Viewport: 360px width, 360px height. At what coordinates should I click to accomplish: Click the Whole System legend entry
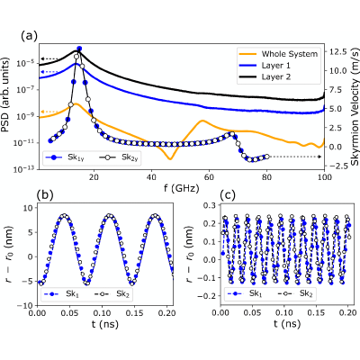coord(278,54)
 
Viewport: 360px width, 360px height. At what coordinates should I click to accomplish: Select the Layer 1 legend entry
coord(265,66)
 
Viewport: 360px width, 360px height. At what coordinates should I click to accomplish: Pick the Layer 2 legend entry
coord(265,76)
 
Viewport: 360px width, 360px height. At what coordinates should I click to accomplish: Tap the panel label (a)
coord(30,36)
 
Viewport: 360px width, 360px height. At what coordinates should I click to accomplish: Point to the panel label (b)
coord(44,195)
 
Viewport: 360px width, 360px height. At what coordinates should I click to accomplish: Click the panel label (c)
coord(228,195)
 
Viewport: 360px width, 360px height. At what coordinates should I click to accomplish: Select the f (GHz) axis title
coord(182,188)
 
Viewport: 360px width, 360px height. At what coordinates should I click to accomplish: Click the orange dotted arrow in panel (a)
coord(49,112)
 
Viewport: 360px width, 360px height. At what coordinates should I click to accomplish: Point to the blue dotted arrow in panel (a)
coord(49,72)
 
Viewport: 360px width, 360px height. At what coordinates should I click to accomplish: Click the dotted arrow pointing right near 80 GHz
coord(295,157)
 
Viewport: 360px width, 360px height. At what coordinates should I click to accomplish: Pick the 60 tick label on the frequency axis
coord(209,177)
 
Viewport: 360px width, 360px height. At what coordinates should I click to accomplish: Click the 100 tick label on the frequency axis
coord(324,177)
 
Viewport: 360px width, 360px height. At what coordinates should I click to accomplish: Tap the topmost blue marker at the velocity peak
coord(79,49)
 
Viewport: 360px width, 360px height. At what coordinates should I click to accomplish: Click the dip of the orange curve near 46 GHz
coord(170,159)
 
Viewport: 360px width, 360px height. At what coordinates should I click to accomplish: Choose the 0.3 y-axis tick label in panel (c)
coord(209,205)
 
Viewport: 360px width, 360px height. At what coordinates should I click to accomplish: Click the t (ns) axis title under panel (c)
coord(287,324)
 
